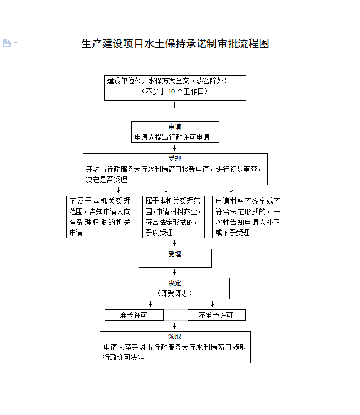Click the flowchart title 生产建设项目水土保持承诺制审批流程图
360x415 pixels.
point(175,44)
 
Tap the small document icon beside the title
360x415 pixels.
point(7,43)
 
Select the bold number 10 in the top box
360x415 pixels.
point(171,91)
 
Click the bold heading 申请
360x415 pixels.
point(175,127)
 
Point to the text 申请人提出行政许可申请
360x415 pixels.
point(168,137)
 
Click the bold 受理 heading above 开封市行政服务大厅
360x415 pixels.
point(175,159)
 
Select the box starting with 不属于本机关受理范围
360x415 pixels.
point(101,216)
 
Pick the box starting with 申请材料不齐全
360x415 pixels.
point(248,216)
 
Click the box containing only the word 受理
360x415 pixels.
point(175,258)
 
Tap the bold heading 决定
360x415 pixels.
point(175,283)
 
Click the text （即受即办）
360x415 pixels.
point(175,293)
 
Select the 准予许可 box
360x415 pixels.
point(134,315)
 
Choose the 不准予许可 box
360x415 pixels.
point(216,315)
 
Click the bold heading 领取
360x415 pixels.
point(175,337)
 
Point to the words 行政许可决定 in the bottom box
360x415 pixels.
point(124,357)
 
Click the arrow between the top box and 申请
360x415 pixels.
point(175,105)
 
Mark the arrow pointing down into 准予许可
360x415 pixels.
point(150,304)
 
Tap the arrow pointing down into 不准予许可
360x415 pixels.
point(212,304)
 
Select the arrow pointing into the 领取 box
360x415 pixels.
point(175,326)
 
